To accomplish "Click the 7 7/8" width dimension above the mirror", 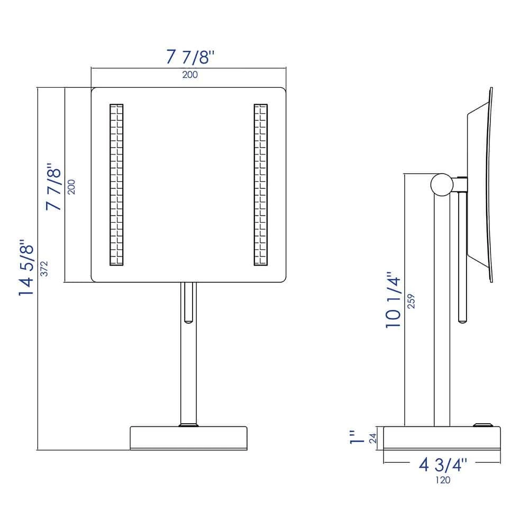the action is (190, 57).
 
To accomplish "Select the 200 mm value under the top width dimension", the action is (190, 75).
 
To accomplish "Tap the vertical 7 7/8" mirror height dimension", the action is (54, 187).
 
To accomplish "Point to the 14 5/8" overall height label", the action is (26, 268).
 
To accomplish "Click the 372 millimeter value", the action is (44, 269).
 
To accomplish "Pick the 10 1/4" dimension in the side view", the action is (394, 300).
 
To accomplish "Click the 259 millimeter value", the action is (411, 302).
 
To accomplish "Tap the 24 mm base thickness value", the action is (373, 438).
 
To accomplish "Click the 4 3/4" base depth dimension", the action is (443, 465).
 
